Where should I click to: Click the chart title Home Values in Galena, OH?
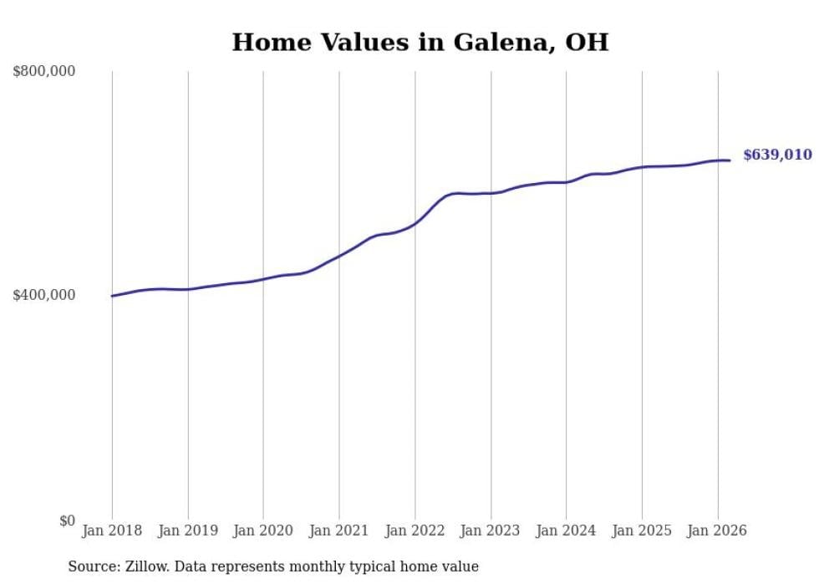420,43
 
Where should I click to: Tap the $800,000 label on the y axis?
44,72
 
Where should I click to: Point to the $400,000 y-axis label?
44,295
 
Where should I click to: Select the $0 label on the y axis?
67,521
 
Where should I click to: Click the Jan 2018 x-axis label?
112,531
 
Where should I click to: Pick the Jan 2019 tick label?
188,531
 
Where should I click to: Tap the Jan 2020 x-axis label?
263,531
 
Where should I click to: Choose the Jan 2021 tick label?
339,531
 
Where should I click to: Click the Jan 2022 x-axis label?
415,531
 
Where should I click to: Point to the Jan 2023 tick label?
491,531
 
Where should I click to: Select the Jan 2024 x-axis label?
566,531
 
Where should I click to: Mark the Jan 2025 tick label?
642,531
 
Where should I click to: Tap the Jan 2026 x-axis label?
717,531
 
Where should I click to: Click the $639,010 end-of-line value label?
777,155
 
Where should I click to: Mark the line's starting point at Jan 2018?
112,296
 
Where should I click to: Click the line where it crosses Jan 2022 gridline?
415,224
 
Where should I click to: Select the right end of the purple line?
730,160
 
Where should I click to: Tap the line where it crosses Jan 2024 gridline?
566,181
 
